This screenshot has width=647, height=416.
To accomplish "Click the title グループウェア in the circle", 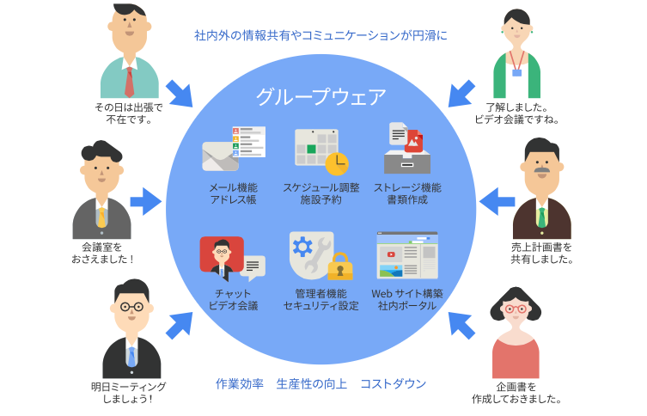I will (320, 97).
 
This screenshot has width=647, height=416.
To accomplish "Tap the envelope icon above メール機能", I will (220, 156).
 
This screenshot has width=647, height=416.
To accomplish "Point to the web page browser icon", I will (407, 255).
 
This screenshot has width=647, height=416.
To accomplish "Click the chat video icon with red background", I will (223, 255).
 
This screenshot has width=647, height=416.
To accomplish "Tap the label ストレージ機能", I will (406, 187).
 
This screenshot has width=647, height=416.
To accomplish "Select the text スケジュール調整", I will (320, 187).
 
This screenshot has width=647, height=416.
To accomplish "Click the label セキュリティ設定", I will (320, 306).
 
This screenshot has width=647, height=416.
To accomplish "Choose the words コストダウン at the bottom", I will (393, 384).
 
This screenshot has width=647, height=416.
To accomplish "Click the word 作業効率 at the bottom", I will (239, 384).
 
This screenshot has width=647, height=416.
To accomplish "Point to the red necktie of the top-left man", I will (130, 82).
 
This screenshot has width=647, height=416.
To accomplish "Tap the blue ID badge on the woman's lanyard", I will (516, 73).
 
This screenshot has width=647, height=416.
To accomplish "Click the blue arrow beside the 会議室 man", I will (145, 202).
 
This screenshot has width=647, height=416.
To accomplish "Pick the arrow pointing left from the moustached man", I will (496, 202).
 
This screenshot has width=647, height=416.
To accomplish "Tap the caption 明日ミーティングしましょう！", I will (128, 393).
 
